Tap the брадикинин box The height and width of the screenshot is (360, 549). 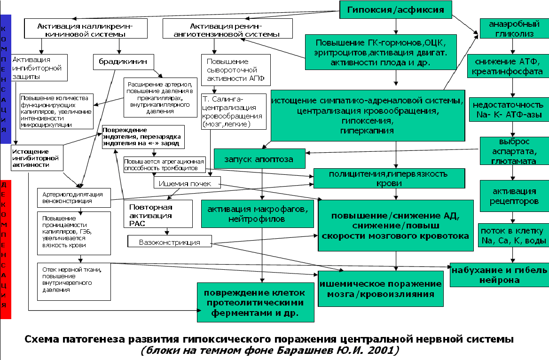pos(119,62)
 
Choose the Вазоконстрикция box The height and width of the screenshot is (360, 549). pos(170,243)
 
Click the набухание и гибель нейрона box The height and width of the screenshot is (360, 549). pos(499,275)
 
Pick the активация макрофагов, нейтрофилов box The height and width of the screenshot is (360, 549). pos(257,214)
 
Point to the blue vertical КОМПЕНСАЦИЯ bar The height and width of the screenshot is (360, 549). pos(6,78)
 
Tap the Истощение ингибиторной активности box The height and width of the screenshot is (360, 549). pos(38,158)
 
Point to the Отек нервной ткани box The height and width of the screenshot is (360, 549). pos(74,281)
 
